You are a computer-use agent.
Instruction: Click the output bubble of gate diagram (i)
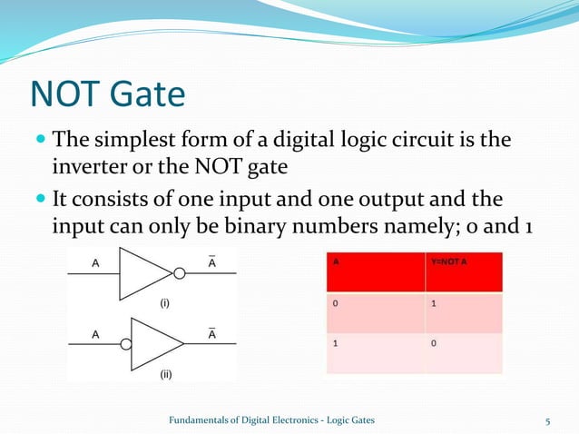(180, 272)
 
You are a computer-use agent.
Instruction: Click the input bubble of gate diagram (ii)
(125, 343)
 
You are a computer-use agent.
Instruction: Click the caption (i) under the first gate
(167, 305)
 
